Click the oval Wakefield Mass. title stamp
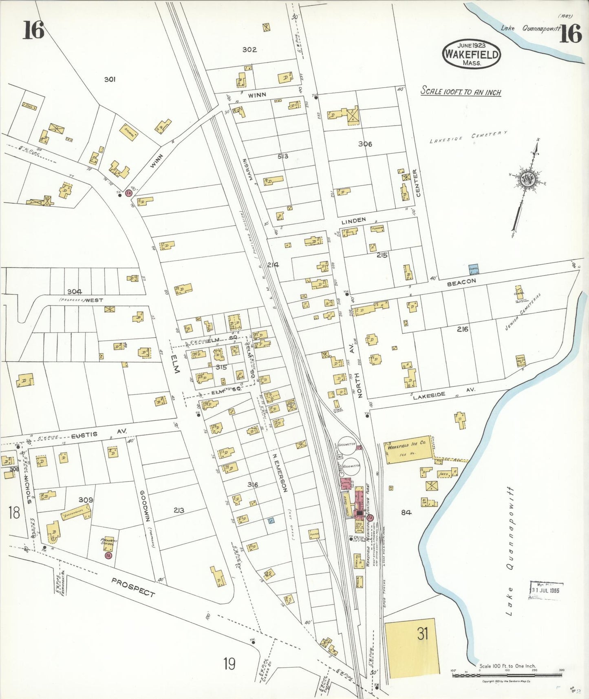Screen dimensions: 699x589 point(472,54)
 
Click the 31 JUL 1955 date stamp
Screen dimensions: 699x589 point(546,590)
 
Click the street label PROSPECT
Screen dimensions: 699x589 point(133,588)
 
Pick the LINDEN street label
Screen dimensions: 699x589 point(353,221)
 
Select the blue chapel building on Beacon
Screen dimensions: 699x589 point(474,269)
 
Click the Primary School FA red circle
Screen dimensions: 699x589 point(108,555)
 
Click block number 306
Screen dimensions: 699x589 point(365,144)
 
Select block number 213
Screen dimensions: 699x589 point(179,510)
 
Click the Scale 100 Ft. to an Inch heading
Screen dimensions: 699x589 point(461,91)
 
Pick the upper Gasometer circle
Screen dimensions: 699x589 point(346,445)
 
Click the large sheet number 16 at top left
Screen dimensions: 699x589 point(33,31)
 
